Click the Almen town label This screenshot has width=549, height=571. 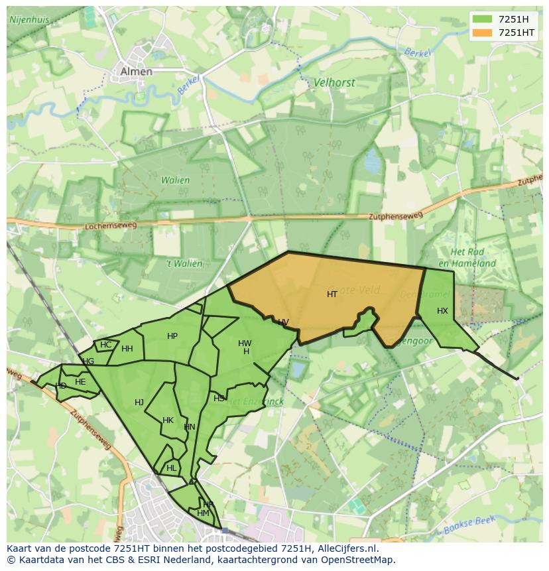(x=136, y=72)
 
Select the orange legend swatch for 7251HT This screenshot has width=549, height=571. (x=482, y=32)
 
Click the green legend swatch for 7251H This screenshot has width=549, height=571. (x=482, y=19)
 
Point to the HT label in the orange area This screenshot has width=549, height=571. (x=332, y=294)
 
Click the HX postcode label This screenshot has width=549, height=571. (x=442, y=311)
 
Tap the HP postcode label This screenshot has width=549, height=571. (x=172, y=336)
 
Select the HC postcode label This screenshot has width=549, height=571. (x=106, y=345)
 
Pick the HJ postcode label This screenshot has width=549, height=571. (x=139, y=403)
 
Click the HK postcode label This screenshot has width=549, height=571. (x=168, y=420)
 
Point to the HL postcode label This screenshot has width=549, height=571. (x=172, y=468)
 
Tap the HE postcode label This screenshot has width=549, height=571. (x=80, y=382)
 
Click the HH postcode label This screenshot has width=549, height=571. (x=127, y=349)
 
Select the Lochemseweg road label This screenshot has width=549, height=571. (x=111, y=226)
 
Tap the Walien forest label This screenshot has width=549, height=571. (x=175, y=180)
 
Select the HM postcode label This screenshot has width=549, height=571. (x=203, y=513)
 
